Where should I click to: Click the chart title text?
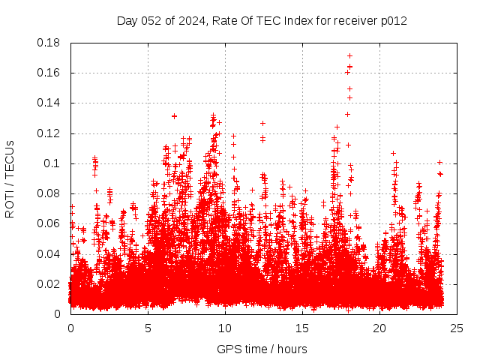click(x=262, y=20)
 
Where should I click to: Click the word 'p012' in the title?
click(x=394, y=20)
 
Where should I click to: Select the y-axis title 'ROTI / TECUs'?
click(x=10, y=178)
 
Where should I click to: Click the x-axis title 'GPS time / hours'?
click(x=262, y=349)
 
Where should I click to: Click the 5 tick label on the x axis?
click(x=148, y=328)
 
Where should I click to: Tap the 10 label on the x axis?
click(x=225, y=328)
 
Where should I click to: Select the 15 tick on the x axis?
click(x=302, y=328)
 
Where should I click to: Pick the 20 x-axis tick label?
click(x=379, y=328)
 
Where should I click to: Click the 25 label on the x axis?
click(x=457, y=328)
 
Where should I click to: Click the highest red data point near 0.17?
click(x=349, y=55)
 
